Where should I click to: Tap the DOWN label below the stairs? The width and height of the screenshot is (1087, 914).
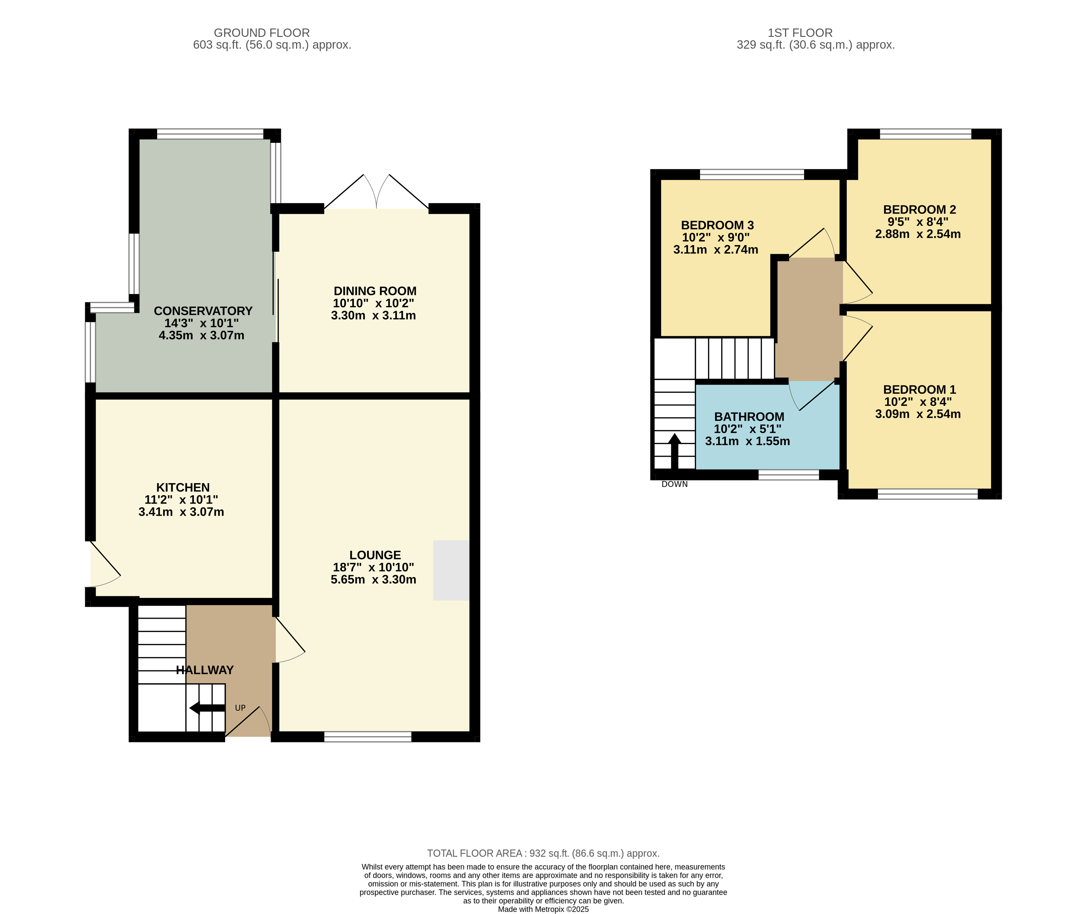click(674, 484)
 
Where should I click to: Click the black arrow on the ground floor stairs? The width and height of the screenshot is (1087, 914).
click(207, 708)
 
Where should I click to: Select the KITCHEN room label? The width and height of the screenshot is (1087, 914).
click(183, 488)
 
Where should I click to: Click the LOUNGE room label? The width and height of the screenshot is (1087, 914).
click(375, 555)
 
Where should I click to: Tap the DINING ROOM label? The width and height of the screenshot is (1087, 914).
click(375, 291)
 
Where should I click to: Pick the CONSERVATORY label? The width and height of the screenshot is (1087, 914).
click(203, 311)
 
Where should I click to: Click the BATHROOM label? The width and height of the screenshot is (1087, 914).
click(749, 417)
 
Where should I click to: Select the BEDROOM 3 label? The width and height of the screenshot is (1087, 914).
click(718, 225)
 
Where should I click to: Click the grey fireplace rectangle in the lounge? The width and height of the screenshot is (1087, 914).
click(451, 571)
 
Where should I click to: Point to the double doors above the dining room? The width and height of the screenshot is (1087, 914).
click(377, 192)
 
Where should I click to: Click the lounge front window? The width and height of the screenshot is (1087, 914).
click(368, 737)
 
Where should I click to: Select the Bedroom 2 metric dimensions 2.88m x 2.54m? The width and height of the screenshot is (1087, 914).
click(918, 234)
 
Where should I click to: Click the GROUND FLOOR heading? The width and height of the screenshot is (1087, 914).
click(262, 33)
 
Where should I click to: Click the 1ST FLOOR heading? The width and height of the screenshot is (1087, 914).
click(800, 33)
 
